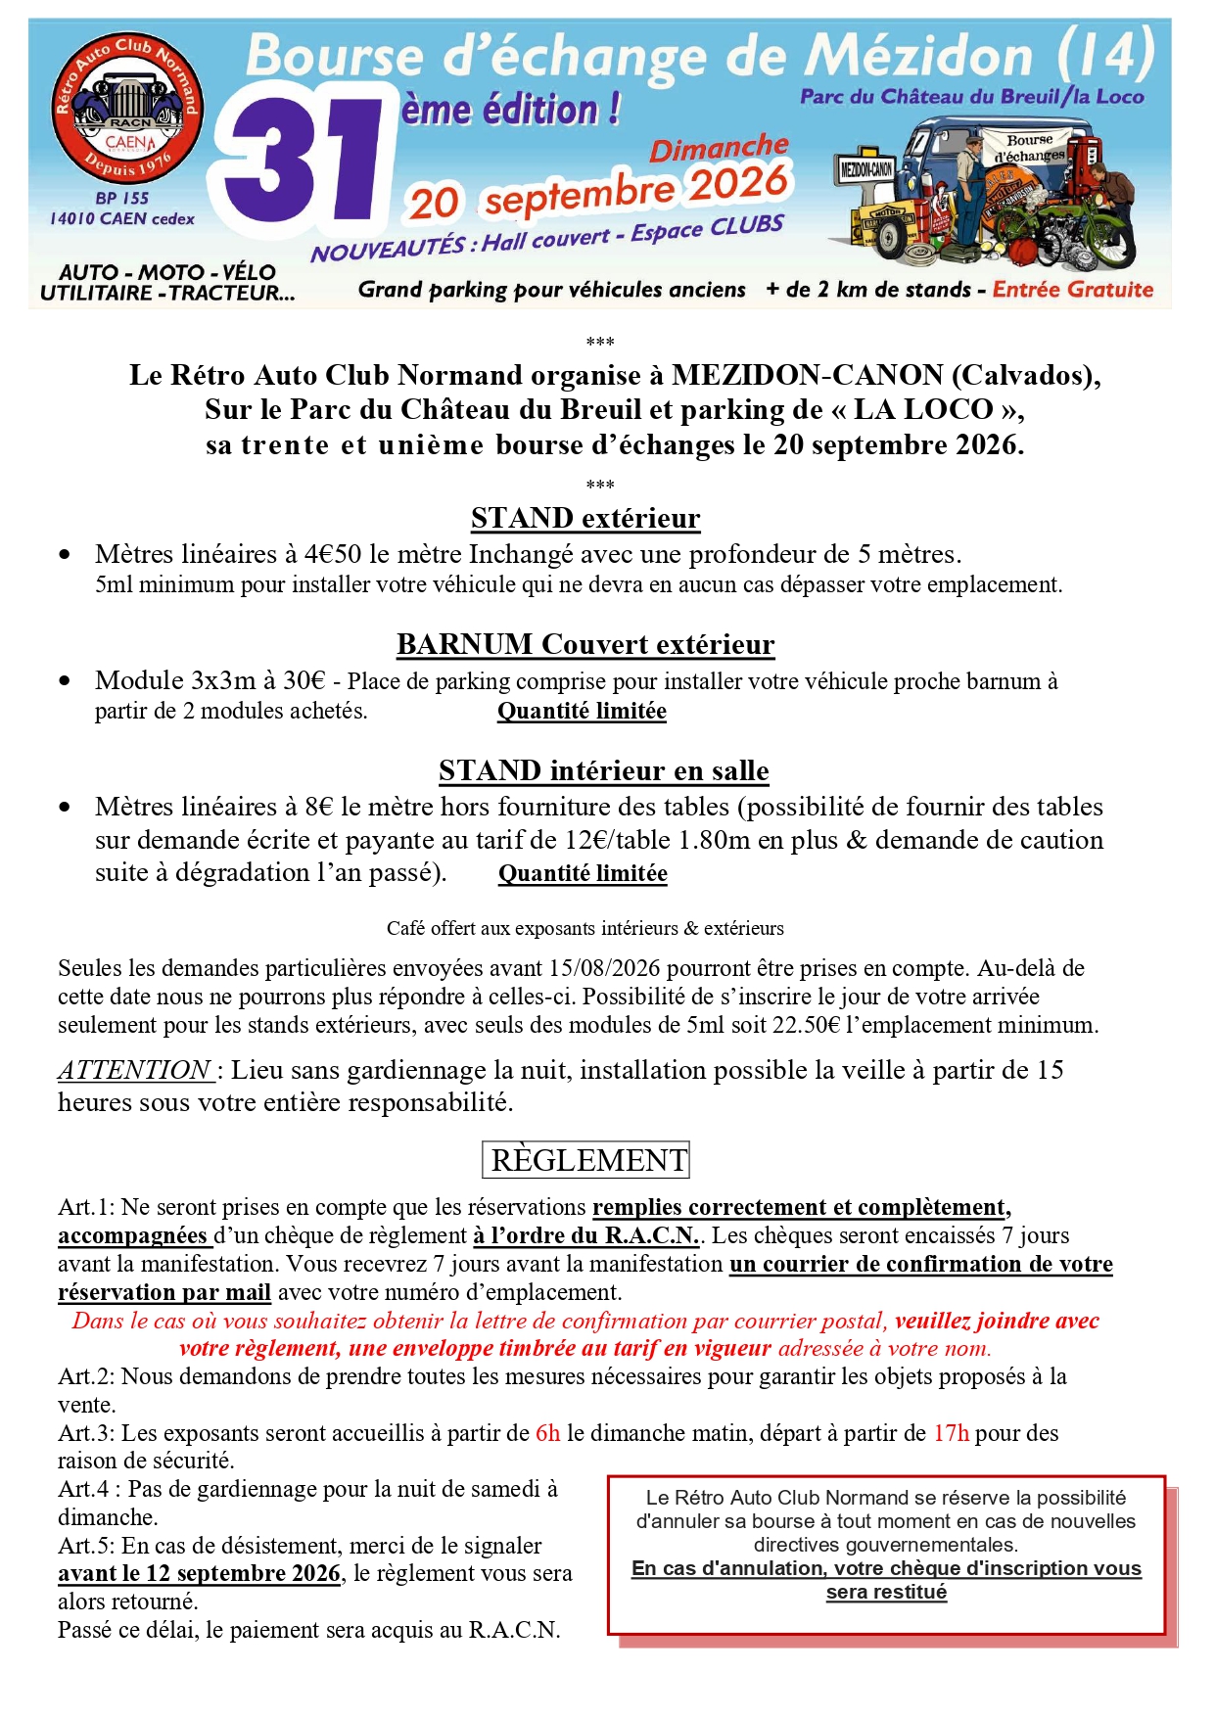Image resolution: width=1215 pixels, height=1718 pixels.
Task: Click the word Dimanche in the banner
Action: [719, 148]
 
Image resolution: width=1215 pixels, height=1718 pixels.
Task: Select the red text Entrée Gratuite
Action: [1073, 290]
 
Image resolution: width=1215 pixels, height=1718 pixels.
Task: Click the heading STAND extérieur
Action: [585, 518]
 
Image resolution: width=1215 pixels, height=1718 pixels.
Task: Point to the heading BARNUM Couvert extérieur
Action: [585, 644]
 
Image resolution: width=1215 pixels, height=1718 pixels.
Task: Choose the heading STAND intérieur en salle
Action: [603, 770]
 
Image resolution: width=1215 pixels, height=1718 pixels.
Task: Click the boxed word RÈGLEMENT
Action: [586, 1160]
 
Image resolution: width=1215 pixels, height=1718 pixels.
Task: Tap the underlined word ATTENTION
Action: [135, 1070]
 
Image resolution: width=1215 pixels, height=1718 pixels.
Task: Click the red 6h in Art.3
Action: [547, 1433]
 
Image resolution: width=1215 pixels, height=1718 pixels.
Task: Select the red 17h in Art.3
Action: [951, 1433]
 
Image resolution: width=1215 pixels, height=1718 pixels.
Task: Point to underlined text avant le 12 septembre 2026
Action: [200, 1573]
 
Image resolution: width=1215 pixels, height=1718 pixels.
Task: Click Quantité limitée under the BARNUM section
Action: [582, 711]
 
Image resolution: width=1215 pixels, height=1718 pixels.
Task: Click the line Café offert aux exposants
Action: [584, 928]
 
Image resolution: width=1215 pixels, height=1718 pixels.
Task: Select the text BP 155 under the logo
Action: [121, 198]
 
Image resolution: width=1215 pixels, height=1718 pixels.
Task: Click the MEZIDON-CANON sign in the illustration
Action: [866, 169]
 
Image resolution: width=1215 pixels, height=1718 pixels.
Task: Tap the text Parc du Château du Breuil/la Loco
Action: [971, 96]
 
